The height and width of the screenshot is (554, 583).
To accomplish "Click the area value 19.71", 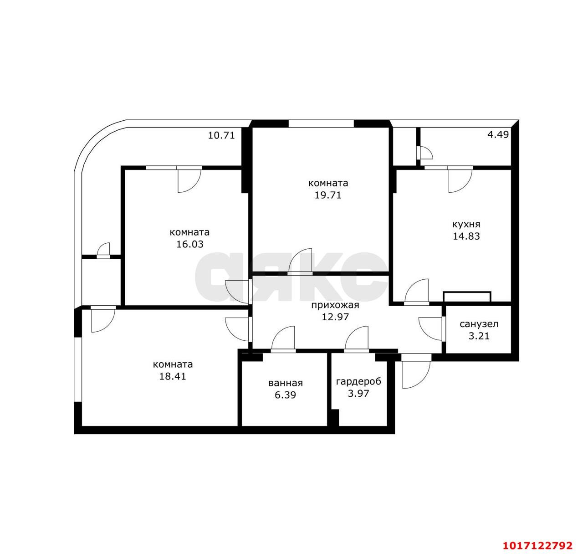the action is pos(327,195).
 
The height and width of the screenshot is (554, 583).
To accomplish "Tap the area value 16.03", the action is pos(190,244).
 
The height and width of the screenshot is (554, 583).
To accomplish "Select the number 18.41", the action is pos(173,376).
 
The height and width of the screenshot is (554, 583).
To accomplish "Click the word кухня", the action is pos(466,224).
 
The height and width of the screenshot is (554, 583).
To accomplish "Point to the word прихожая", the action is pos(335,305).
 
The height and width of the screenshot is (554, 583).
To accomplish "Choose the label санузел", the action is pos(479,324).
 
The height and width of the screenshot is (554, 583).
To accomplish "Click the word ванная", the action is pos(285,383).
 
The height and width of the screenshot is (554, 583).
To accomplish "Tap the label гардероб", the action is pos(358,382).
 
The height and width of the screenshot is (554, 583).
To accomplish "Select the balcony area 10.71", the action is pos(221,135).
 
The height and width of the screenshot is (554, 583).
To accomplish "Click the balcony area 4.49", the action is pos(498,134).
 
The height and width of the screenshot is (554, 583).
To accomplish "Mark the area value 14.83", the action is pos(466,236).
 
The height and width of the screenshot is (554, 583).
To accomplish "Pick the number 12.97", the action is pos(335,317).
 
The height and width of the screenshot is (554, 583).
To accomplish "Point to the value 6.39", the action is pos(285,395).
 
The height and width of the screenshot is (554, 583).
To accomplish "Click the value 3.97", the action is pos(358,394).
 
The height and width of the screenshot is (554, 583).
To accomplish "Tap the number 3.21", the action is pos(479,336).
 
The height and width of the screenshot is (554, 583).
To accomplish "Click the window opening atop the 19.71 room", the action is pos(321,123).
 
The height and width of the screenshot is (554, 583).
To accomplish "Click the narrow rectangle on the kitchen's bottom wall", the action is pos(467,297).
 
